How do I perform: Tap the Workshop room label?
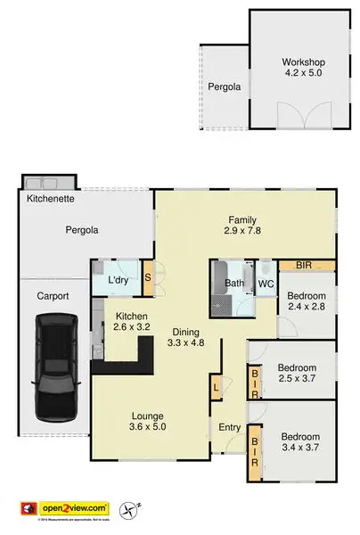tap(304, 69)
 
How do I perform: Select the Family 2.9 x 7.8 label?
tap(242, 226)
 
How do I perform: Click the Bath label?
tap(233, 284)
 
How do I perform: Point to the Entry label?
tap(230, 428)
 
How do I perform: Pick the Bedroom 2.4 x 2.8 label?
tap(307, 302)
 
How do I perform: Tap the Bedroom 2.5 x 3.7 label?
tap(298, 374)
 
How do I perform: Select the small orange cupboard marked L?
tap(215, 387)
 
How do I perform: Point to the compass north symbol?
tap(135, 509)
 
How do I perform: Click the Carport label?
tap(53, 298)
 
